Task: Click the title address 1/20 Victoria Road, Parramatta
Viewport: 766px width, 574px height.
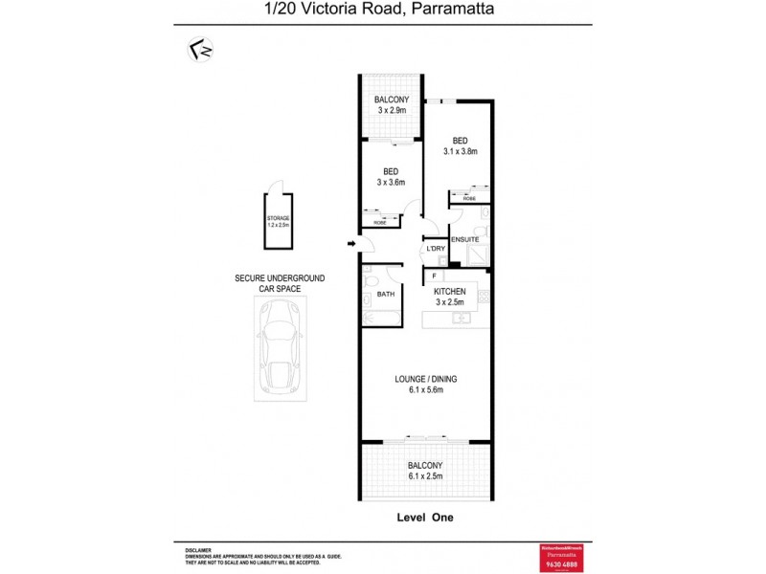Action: coord(383,11)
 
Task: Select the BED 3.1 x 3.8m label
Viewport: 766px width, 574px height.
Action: coord(460,145)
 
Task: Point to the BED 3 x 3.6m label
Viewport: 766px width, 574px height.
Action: coord(390,177)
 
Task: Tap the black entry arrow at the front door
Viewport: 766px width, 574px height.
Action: coord(351,246)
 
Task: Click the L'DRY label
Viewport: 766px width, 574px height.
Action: coord(437,249)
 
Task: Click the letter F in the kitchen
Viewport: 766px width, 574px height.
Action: coord(434,276)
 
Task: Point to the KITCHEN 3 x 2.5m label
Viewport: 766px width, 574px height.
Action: coord(450,297)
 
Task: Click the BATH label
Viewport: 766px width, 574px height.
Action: coord(386,296)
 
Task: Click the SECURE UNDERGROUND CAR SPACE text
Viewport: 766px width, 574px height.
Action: coord(280,282)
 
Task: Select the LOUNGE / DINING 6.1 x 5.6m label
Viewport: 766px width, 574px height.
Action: coord(426,385)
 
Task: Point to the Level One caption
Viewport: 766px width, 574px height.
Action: coord(424,518)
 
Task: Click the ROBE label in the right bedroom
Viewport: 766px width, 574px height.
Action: coord(469,198)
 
